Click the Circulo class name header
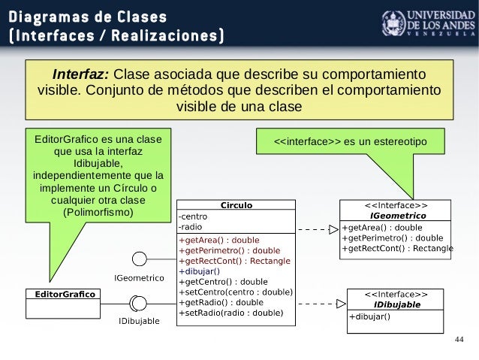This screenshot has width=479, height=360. pos(236,204)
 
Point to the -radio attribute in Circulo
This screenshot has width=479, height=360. pos(190,226)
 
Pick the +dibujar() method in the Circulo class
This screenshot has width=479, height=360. pos(199,271)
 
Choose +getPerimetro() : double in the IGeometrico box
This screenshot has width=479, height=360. pos(392,237)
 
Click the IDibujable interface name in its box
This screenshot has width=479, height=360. pos(397,304)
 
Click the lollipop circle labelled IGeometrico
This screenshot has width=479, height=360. pos(139,259)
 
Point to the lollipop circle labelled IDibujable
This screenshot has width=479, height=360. pos(138,303)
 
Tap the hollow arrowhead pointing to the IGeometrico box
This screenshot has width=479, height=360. pos(333,229)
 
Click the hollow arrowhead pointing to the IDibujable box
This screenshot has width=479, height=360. pos(340,304)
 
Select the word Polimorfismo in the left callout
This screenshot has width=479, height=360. pos(98,213)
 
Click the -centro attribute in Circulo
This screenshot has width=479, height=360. pos(192,216)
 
